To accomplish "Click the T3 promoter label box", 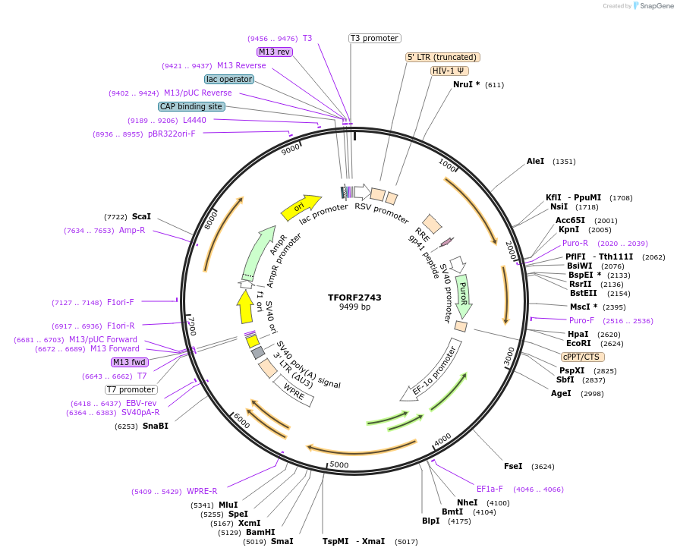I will (374, 38).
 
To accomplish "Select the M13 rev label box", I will (274, 52).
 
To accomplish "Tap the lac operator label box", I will (228, 79).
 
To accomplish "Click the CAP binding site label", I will (191, 106).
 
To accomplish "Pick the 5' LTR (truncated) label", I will (442, 57).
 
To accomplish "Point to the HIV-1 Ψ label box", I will (449, 71).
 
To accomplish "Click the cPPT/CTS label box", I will (582, 357).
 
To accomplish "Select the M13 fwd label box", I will (129, 362).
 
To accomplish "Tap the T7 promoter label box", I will (131, 389).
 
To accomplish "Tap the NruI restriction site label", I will (466, 84).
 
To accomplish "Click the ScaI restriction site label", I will (141, 216).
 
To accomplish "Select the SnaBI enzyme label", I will (155, 426).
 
